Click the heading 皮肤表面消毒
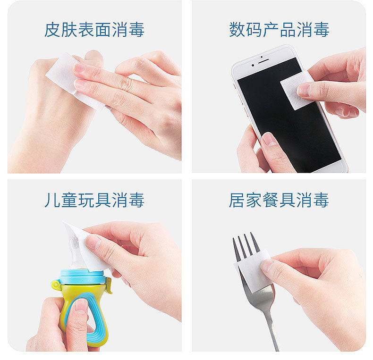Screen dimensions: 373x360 [94, 30]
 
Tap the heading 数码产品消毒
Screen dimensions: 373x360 [279, 30]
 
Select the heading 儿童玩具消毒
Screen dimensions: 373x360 [94, 200]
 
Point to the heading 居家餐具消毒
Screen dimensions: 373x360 [279, 200]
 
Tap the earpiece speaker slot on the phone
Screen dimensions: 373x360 [263, 61]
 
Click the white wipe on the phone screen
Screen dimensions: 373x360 [295, 91]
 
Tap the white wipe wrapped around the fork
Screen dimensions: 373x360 [252, 271]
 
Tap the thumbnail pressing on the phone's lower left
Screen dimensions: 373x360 [269, 139]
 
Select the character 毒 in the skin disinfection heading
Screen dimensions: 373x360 [136, 30]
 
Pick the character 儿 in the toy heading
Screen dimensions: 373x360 [52, 200]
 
